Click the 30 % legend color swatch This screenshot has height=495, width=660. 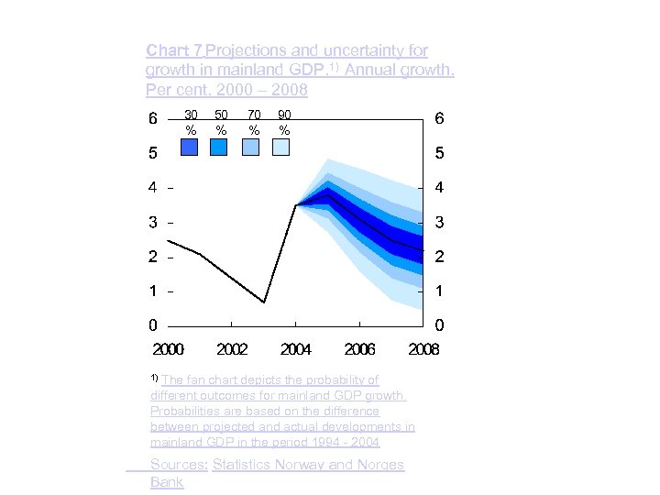click(x=190, y=148)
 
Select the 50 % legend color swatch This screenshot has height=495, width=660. click(x=220, y=148)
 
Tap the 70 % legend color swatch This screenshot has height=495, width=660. click(x=251, y=148)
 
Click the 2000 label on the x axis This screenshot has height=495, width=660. click(x=168, y=349)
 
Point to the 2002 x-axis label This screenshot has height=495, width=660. click(x=231, y=349)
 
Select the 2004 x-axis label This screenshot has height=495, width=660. click(x=295, y=349)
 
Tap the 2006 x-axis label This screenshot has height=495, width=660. click(x=359, y=349)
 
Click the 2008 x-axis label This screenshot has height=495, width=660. click(x=423, y=349)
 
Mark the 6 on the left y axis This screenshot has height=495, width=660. click(x=154, y=119)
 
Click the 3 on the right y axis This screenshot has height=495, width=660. click(x=440, y=223)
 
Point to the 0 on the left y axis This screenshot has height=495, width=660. click(x=154, y=325)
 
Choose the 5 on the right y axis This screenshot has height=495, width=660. click(x=440, y=153)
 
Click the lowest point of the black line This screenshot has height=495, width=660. click(x=264, y=302)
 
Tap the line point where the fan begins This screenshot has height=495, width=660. click(x=296, y=205)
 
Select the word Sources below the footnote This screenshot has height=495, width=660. click(x=178, y=465)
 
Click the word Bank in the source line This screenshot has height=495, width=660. click(x=167, y=482)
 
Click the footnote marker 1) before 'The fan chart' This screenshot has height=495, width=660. click(x=153, y=377)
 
